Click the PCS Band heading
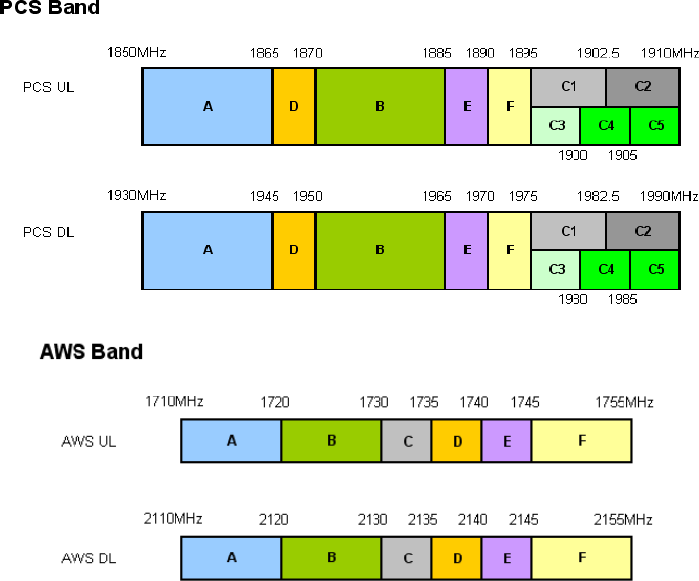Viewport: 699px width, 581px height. pyautogui.click(x=48, y=8)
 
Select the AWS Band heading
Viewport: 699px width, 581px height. pyautogui.click(x=91, y=351)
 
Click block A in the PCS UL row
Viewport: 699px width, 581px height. pyautogui.click(x=207, y=106)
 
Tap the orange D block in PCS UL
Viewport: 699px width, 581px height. pyautogui.click(x=293, y=106)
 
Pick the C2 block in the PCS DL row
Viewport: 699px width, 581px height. pyautogui.click(x=643, y=231)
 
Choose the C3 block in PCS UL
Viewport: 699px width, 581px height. pyautogui.click(x=556, y=126)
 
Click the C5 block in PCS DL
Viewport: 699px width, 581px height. pyautogui.click(x=655, y=269)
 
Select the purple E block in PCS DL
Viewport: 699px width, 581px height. pyautogui.click(x=467, y=250)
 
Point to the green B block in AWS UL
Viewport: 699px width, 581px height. pyautogui.click(x=331, y=441)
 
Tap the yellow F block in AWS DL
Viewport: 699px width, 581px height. pyautogui.click(x=581, y=557)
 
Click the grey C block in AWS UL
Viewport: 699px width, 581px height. pyautogui.click(x=407, y=441)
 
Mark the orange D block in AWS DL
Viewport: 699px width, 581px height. pyautogui.click(x=457, y=557)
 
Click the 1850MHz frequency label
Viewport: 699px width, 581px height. pyautogui.click(x=136, y=52)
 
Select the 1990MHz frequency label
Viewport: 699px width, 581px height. pyautogui.click(x=670, y=196)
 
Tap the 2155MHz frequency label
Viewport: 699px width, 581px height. pyautogui.click(x=624, y=519)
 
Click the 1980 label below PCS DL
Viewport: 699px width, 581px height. pyautogui.click(x=572, y=299)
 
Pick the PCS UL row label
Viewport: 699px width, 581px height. pyautogui.click(x=48, y=87)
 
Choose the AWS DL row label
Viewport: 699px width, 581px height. pyautogui.click(x=88, y=557)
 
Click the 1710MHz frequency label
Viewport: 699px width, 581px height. pyautogui.click(x=174, y=402)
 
